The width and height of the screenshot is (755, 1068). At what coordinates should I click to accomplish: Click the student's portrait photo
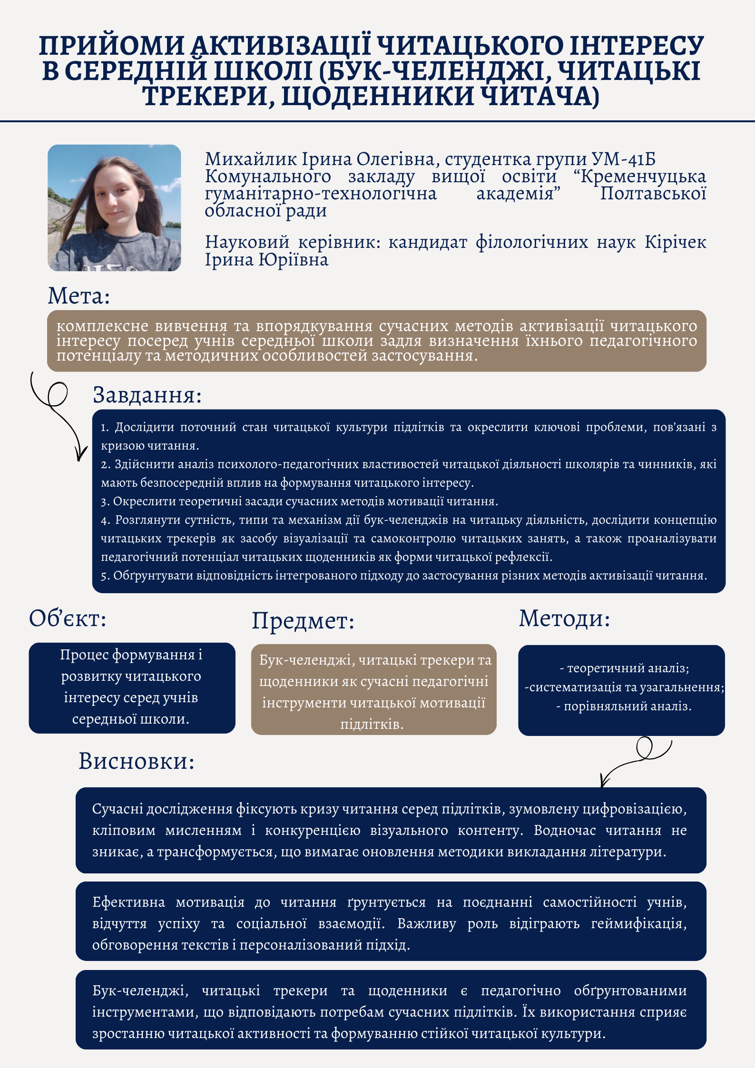click(114, 208)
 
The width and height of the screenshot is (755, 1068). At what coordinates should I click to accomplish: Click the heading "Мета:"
click(79, 296)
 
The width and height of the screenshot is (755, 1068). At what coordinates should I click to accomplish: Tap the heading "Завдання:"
click(147, 395)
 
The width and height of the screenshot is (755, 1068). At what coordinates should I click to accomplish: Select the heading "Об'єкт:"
click(68, 618)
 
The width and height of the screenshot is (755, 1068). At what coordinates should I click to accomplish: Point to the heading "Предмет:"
click(303, 621)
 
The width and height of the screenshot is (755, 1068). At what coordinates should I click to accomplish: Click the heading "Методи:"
click(564, 618)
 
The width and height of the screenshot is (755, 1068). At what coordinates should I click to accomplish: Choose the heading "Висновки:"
click(137, 761)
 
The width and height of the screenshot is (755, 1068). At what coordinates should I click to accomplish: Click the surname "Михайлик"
click(245, 159)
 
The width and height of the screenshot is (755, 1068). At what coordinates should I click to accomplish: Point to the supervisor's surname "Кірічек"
click(675, 242)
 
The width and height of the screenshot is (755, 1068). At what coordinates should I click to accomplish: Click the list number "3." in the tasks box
click(106, 501)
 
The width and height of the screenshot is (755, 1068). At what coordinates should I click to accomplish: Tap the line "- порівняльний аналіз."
click(624, 706)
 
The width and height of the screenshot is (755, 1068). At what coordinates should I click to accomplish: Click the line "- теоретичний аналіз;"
click(624, 668)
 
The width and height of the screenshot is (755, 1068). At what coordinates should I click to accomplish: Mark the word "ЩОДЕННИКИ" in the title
click(378, 96)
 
